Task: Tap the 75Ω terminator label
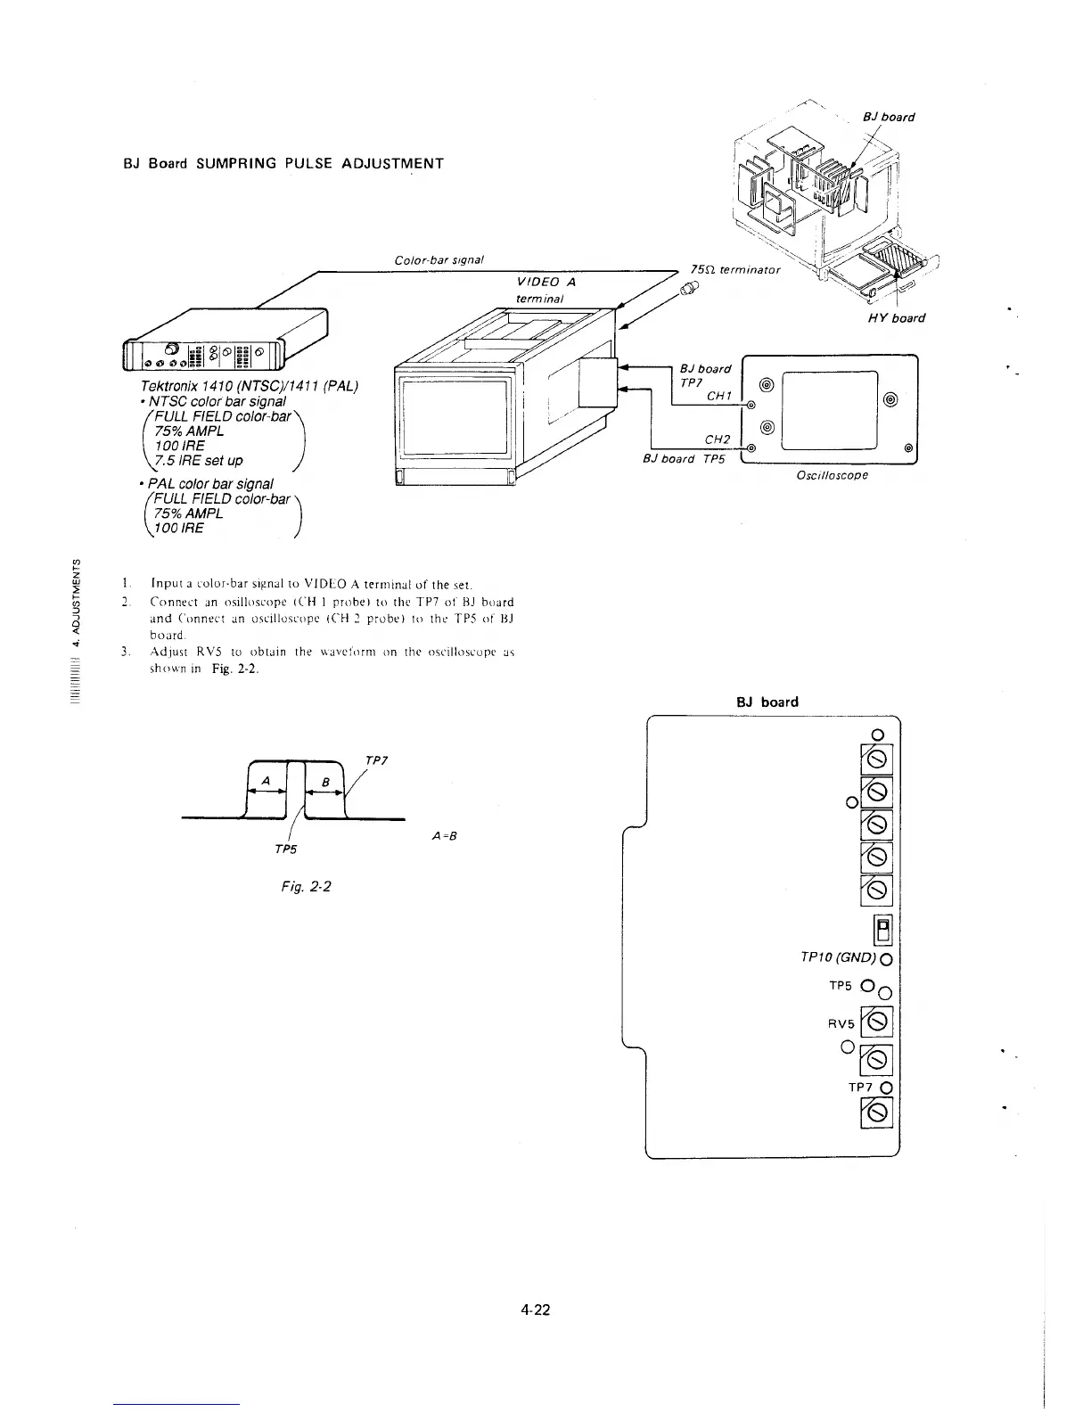click(x=735, y=269)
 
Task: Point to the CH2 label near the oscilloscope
click(x=717, y=439)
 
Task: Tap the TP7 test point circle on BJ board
click(x=886, y=1088)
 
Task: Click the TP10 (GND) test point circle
click(x=886, y=960)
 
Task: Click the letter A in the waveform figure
click(x=264, y=781)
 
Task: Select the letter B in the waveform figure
click(x=325, y=782)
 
